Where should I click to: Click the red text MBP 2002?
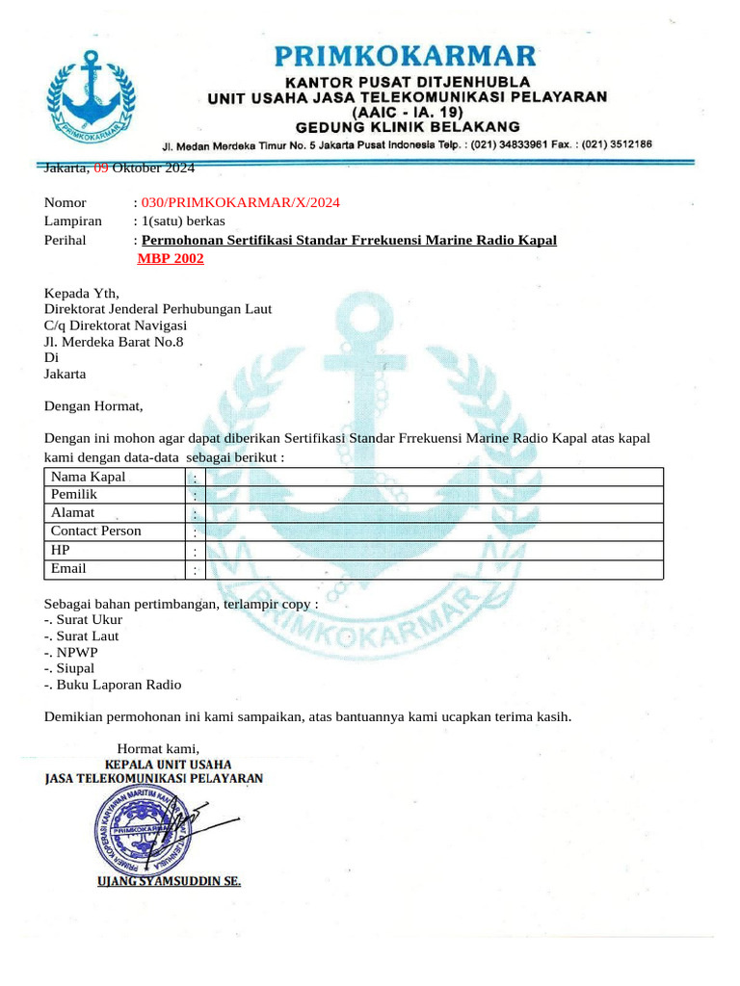click(171, 258)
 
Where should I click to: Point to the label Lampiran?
click(72, 221)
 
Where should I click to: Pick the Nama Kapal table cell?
click(88, 477)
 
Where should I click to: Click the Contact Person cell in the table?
click(95, 531)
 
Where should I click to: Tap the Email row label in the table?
click(68, 568)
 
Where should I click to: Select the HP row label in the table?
click(61, 549)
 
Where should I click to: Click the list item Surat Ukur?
click(88, 619)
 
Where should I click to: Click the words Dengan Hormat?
click(93, 406)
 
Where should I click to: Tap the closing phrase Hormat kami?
click(158, 748)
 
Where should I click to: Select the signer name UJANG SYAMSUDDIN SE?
click(169, 881)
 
